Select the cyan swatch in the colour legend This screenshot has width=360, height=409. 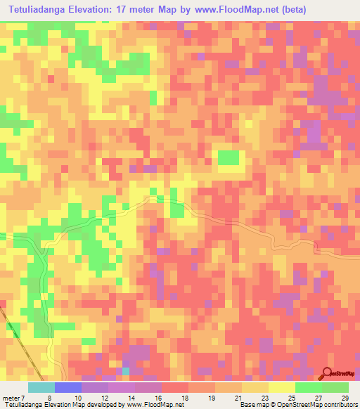tap(41, 387)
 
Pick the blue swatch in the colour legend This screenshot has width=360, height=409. tap(67, 387)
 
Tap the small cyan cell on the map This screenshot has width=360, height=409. tap(126, 371)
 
